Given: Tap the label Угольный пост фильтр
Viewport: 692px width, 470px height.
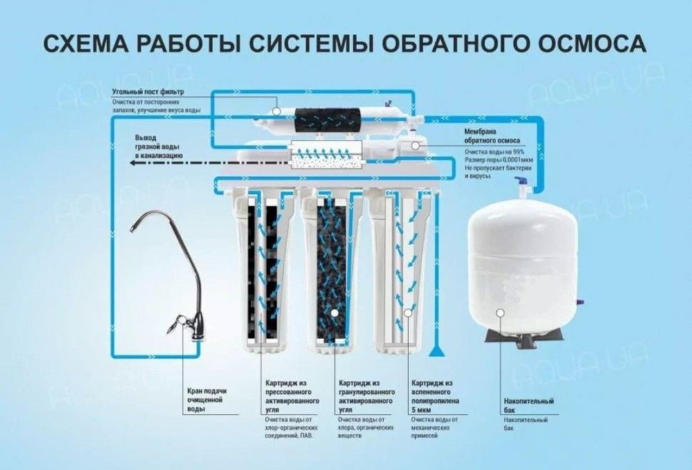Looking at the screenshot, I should coord(147,91).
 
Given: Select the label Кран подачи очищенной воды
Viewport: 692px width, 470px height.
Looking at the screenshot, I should coord(207,400).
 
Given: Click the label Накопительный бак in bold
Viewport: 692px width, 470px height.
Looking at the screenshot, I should coord(528,406).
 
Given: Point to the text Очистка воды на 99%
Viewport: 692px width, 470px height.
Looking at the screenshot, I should coord(494,152).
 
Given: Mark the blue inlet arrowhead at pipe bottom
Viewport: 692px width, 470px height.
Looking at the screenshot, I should coord(435,353).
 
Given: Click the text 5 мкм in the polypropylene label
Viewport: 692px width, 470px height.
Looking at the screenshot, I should coord(423,408).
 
